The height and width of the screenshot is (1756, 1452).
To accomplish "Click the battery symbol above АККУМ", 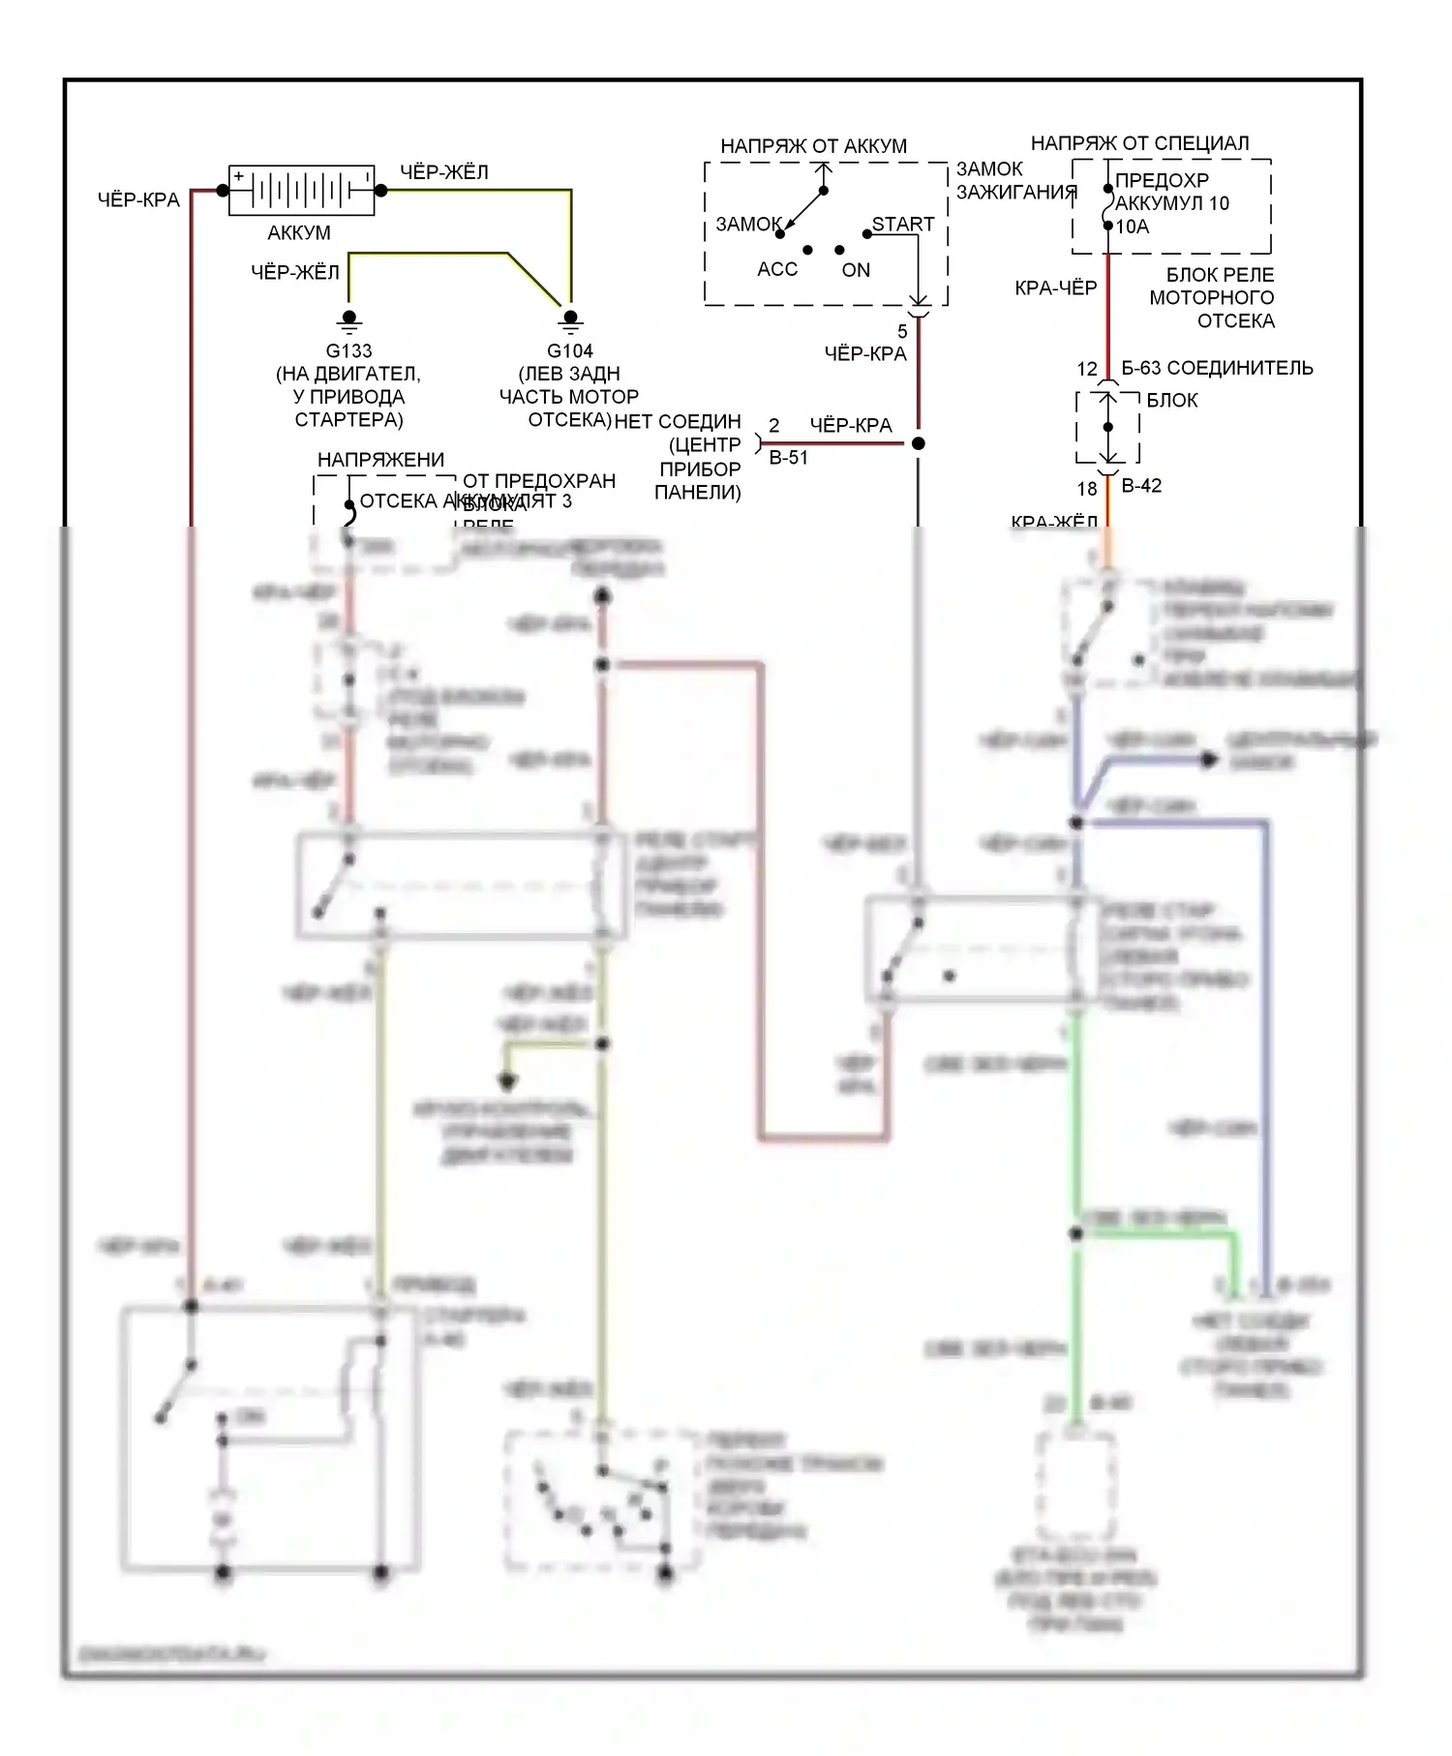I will tap(301, 190).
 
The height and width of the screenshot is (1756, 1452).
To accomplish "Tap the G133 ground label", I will tap(348, 350).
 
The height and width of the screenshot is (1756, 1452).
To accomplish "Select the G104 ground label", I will tap(569, 350).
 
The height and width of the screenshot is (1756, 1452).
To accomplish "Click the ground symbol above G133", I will tap(349, 320).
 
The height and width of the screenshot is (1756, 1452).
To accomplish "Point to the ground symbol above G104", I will tap(570, 320).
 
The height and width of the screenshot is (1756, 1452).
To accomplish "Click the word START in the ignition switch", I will tap(903, 224).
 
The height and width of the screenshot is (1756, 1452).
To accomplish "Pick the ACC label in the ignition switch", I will tap(777, 269).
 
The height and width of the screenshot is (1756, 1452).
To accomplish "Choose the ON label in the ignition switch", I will tap(856, 270).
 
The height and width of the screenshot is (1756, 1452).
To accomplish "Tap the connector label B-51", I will tap(788, 458).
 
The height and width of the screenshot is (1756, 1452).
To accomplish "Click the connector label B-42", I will tap(1141, 486).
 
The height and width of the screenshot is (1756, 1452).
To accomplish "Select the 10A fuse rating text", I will tap(1133, 227).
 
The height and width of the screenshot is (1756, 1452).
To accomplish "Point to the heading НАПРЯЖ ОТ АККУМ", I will tap(813, 146).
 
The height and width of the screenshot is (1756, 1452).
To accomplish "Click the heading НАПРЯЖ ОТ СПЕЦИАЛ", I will tap(1139, 143).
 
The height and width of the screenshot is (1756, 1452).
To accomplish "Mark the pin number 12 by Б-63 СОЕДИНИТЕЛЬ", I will tap(1087, 369).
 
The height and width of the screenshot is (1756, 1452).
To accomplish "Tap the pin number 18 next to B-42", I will tap(1087, 489).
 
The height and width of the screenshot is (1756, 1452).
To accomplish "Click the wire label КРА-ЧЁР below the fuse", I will tap(1055, 288).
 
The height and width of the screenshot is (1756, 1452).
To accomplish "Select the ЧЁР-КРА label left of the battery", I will tap(138, 200).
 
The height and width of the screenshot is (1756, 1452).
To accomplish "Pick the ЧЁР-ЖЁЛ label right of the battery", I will tap(444, 172).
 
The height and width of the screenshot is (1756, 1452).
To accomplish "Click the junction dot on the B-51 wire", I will tap(919, 443).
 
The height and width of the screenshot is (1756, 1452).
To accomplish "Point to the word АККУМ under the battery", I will tap(299, 232).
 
